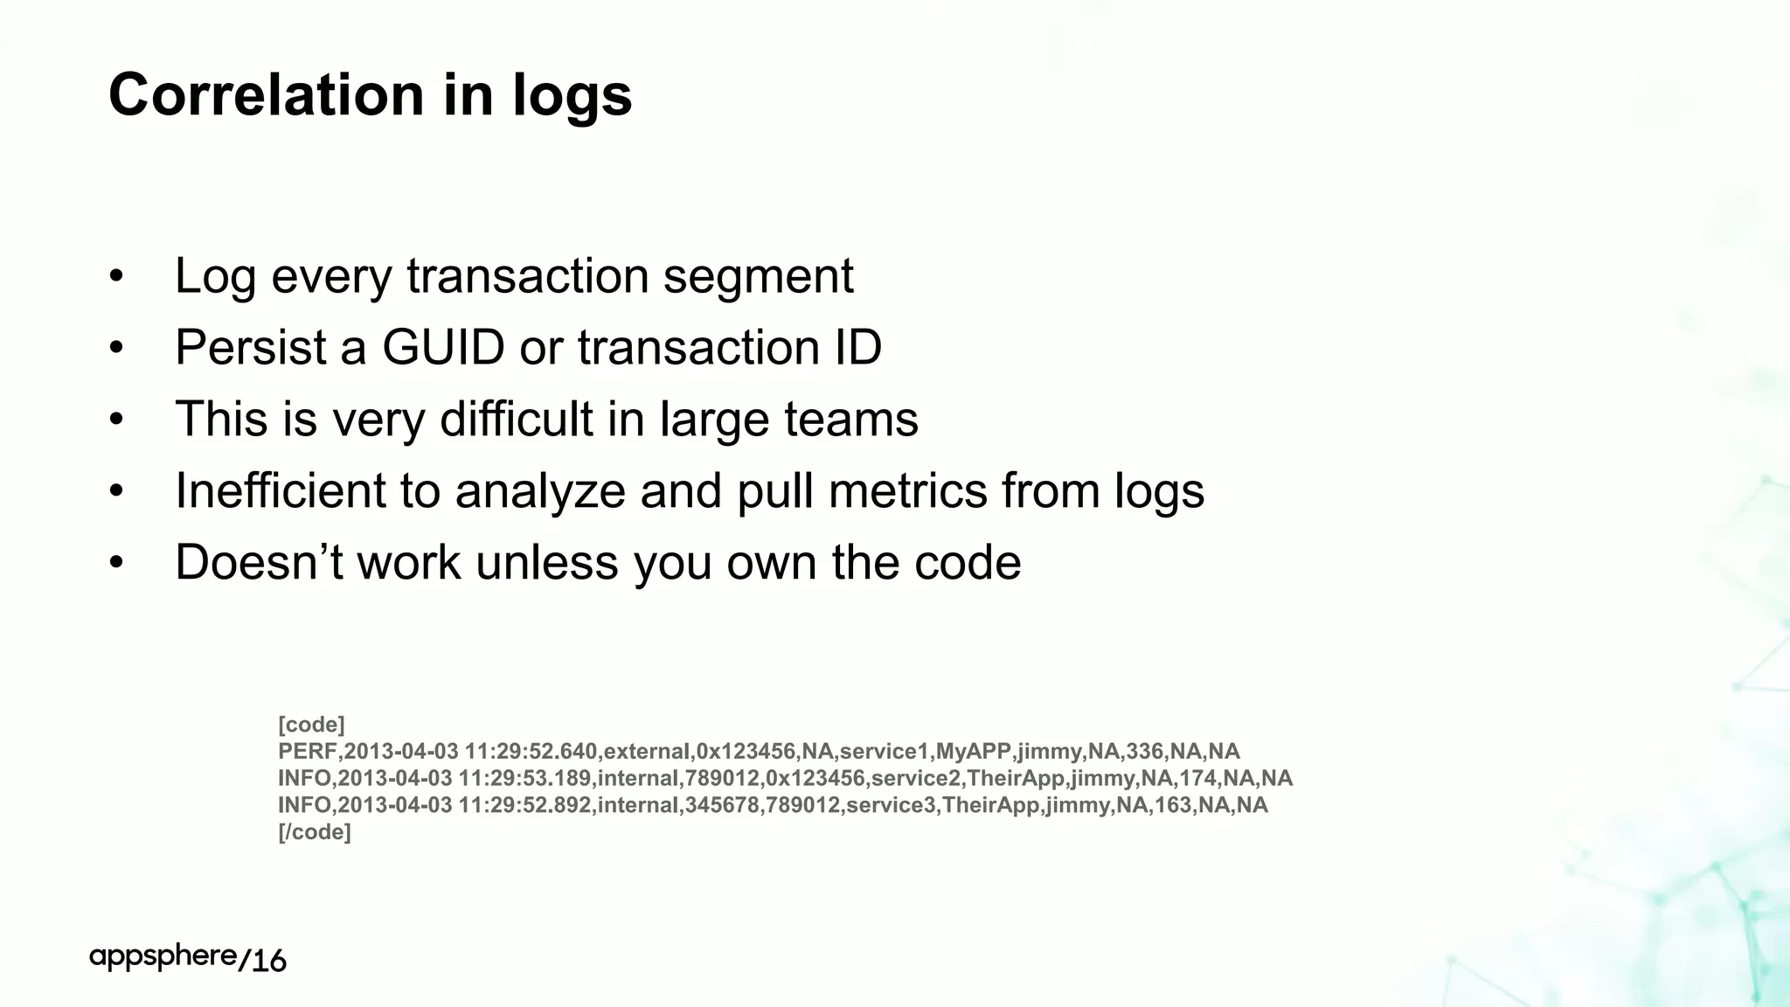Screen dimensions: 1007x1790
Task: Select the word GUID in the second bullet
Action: pyautogui.click(x=443, y=347)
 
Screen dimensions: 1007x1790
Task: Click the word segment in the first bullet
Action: pyautogui.click(x=758, y=277)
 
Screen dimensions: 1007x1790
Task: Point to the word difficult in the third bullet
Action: pyautogui.click(x=517, y=419)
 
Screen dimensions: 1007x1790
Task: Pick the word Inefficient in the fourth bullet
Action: pyautogui.click(x=280, y=490)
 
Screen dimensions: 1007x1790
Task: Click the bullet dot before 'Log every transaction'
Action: pyautogui.click(x=117, y=277)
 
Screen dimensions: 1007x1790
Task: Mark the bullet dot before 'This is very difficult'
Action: pyautogui.click(x=117, y=420)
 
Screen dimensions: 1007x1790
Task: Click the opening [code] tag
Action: pyautogui.click(x=311, y=725)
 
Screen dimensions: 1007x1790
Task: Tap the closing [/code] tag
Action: pyautogui.click(x=314, y=832)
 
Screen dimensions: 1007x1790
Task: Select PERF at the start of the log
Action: pyautogui.click(x=307, y=752)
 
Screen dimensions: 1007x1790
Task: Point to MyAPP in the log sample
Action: pyautogui.click(x=973, y=752)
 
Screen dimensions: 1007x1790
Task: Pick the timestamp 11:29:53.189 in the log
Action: pyautogui.click(x=524, y=778)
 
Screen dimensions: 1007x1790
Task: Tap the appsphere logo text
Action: pyautogui.click(x=163, y=957)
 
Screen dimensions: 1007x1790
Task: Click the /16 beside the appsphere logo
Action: pyautogui.click(x=262, y=961)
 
